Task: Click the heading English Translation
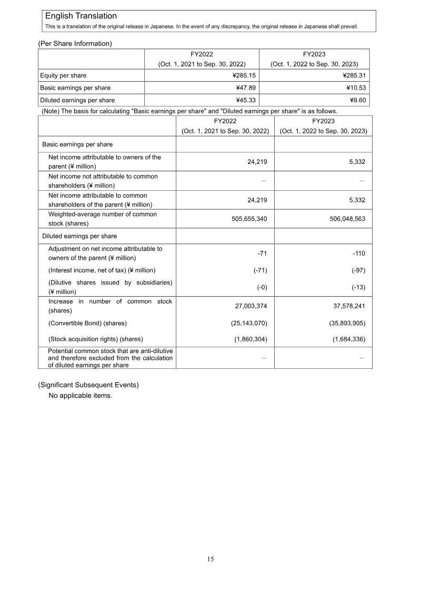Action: [x=81, y=16]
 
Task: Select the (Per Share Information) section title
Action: [x=75, y=44]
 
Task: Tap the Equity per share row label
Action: [x=63, y=75]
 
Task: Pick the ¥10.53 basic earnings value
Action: [x=355, y=87]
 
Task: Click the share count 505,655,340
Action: [x=249, y=219]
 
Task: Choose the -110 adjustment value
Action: [x=359, y=253]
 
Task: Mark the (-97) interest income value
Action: [x=358, y=270]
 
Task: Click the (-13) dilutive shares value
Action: [x=358, y=287]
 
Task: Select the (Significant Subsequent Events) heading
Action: [x=88, y=385]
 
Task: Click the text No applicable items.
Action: [x=80, y=396]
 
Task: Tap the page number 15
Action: [x=210, y=559]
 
